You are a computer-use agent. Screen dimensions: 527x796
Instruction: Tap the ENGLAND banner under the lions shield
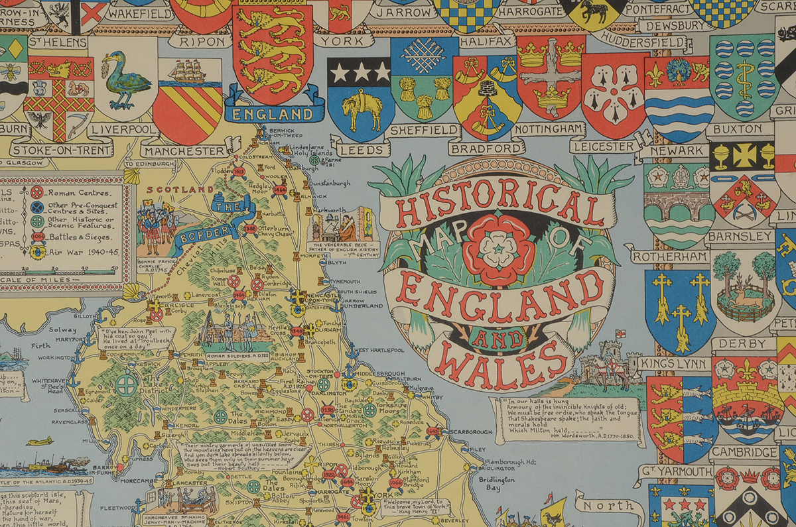274,113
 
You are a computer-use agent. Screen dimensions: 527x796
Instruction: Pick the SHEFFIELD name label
425,129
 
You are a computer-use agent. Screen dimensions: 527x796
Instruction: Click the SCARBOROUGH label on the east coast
468,432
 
